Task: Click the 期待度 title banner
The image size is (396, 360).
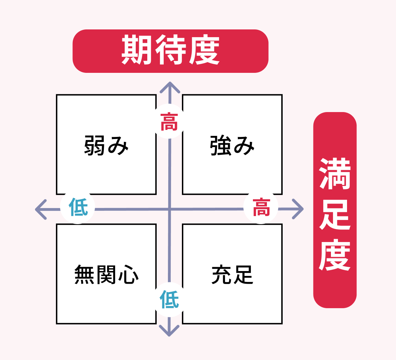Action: pos(170,51)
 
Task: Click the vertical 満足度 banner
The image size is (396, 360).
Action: pos(335,210)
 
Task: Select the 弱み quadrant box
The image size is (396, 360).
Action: pos(106,144)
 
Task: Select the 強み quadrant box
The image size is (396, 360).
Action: pos(232,144)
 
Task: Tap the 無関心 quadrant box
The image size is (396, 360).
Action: pos(106,274)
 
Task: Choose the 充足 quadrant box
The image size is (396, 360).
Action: pos(232,274)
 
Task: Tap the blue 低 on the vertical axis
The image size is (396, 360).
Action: pos(169,300)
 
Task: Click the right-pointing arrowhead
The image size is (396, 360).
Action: pos(300,209)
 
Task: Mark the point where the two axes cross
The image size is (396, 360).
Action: pos(169,209)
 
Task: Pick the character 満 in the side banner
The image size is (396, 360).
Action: pos(335,174)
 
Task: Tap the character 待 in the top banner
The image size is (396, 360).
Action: pos(170,51)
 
